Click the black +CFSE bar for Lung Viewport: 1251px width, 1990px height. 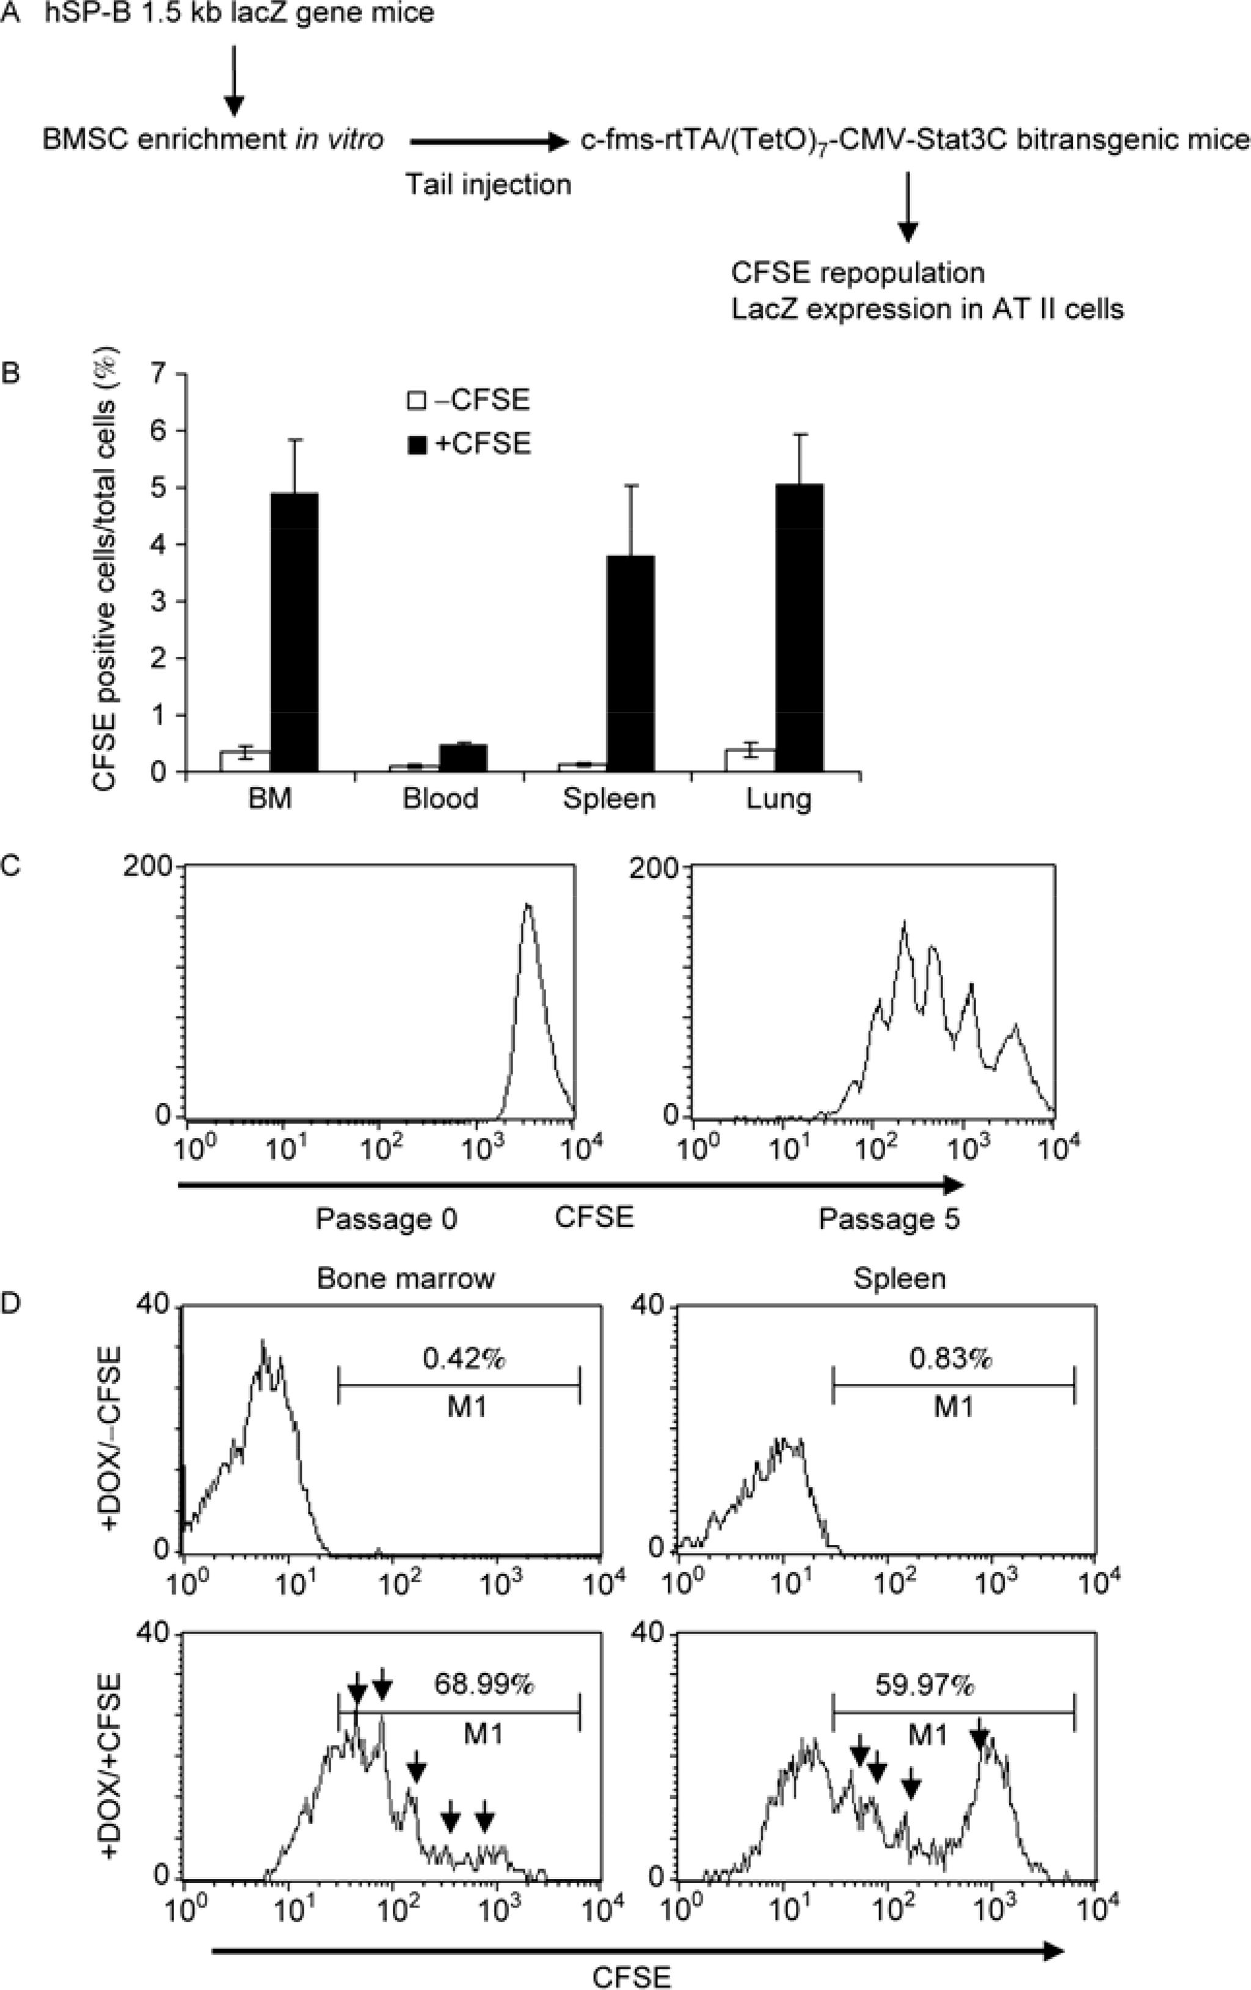pos(799,628)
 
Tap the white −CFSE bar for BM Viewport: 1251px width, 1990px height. pos(246,761)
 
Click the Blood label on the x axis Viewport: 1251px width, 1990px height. pos(440,799)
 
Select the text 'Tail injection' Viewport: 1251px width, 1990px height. pos(488,184)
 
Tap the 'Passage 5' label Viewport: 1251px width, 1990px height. pos(889,1219)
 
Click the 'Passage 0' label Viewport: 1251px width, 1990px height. pos(386,1219)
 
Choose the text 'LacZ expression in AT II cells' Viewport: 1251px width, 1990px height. pos(927,309)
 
